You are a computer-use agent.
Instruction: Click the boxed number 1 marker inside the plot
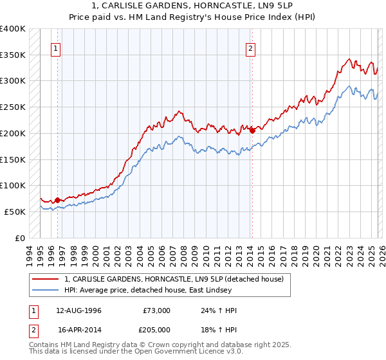[x=57, y=48]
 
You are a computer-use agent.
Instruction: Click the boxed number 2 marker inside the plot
[x=250, y=48]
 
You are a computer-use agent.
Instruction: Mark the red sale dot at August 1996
[x=57, y=200]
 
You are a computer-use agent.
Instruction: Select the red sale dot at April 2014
[x=252, y=130]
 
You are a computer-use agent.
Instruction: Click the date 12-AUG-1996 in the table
[x=78, y=310]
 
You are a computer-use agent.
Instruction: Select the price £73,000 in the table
[x=156, y=310]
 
